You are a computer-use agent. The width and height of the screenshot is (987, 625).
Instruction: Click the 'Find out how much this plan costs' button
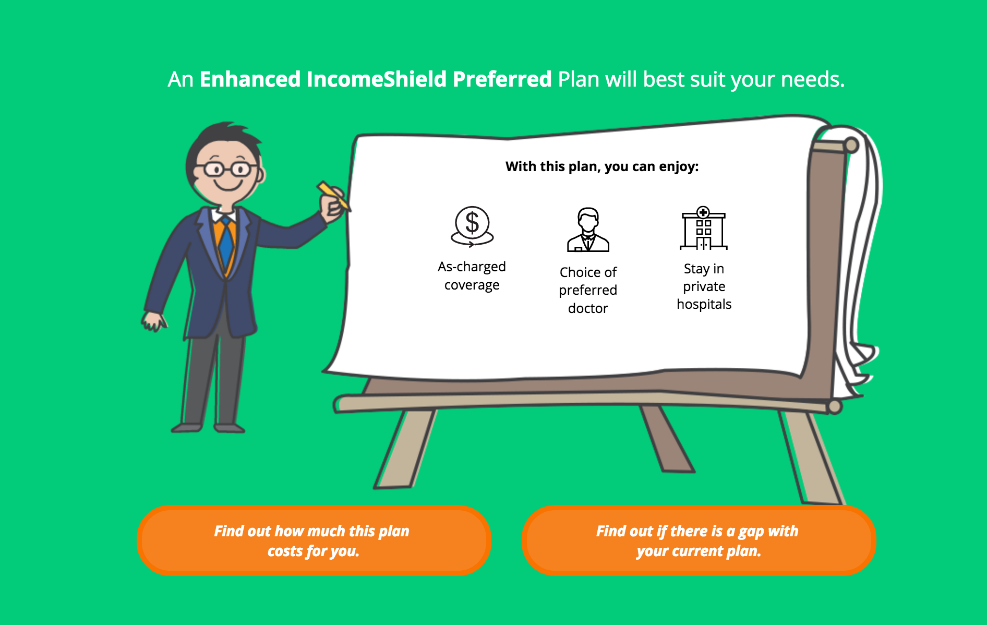[314, 540]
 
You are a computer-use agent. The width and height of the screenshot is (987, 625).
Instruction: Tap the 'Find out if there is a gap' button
[699, 540]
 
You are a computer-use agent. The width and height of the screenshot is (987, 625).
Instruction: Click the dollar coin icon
[472, 226]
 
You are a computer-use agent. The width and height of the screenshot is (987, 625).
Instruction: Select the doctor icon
[588, 230]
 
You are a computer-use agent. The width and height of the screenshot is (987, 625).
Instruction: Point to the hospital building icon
[704, 228]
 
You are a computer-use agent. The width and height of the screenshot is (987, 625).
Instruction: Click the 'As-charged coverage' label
[472, 276]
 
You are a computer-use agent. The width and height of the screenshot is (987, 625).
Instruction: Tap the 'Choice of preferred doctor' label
[588, 290]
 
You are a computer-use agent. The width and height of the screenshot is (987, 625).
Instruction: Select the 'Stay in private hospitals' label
[704, 286]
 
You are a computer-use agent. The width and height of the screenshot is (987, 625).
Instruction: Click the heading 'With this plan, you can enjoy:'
[602, 166]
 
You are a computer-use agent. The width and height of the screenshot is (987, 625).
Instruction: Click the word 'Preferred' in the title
[502, 79]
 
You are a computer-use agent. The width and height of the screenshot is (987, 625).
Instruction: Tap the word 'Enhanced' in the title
[250, 79]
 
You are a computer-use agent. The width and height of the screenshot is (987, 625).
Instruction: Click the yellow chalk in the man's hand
[333, 195]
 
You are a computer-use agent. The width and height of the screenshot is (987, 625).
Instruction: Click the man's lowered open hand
[154, 321]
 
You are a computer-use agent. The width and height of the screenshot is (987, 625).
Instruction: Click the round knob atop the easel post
[851, 145]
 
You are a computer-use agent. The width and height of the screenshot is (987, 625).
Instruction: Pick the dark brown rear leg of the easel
[666, 438]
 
